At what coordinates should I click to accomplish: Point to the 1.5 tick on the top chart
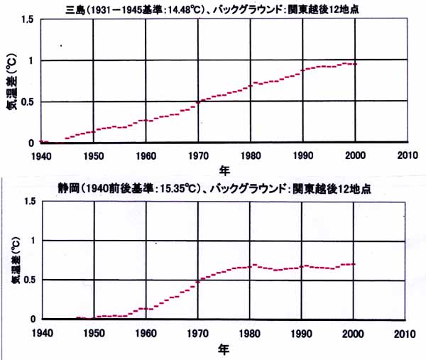26,18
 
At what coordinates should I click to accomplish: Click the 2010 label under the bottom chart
407,332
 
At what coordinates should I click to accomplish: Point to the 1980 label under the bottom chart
249,332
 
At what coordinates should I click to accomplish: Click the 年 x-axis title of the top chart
223,170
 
